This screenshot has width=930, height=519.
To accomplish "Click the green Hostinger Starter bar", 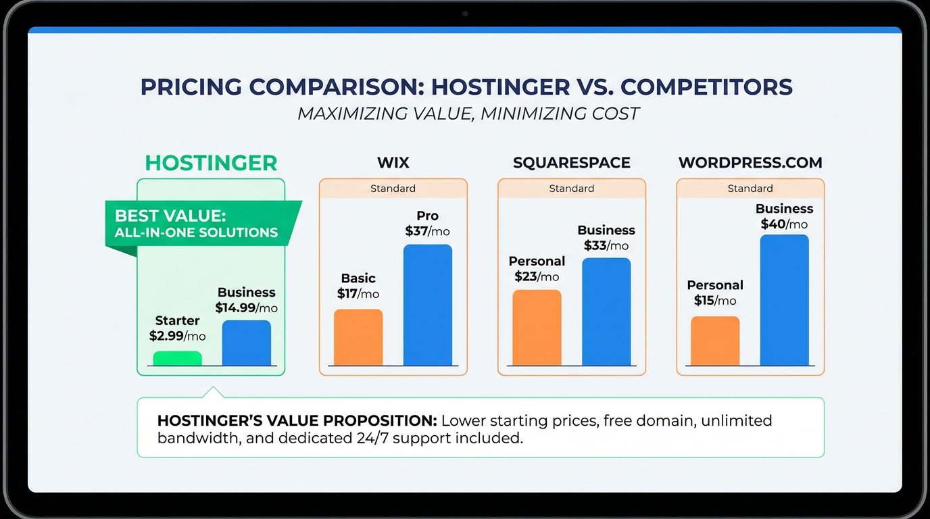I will coord(177,358).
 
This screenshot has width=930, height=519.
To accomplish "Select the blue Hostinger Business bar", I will coord(246,343).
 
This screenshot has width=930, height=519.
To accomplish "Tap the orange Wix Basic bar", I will coord(358,337).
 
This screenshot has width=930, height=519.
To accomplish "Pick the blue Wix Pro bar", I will coord(427,305).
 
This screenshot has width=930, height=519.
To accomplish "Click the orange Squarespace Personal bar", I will coord(537,328).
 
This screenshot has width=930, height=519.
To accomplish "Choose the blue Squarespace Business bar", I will coord(606,312).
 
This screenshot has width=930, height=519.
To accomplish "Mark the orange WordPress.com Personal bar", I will coord(715,341).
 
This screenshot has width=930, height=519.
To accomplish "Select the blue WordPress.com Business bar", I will coord(784,300).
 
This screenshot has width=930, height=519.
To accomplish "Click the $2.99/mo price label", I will coord(177,336).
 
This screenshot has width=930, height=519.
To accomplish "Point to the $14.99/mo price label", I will coord(246,308).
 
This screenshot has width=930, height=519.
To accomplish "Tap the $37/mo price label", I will coord(427,231).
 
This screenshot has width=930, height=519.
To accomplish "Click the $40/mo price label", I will coord(784,224).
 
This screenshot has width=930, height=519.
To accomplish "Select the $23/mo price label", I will coord(537,276).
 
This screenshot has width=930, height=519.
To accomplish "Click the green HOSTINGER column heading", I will coord(211,163).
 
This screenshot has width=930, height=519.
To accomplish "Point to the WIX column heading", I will coord(393,163).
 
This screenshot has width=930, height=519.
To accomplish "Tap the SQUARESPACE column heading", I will coord(571,163).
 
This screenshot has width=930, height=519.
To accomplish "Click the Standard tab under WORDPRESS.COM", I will coord(750,189).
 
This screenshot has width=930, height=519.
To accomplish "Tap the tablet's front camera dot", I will coord(465,14).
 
